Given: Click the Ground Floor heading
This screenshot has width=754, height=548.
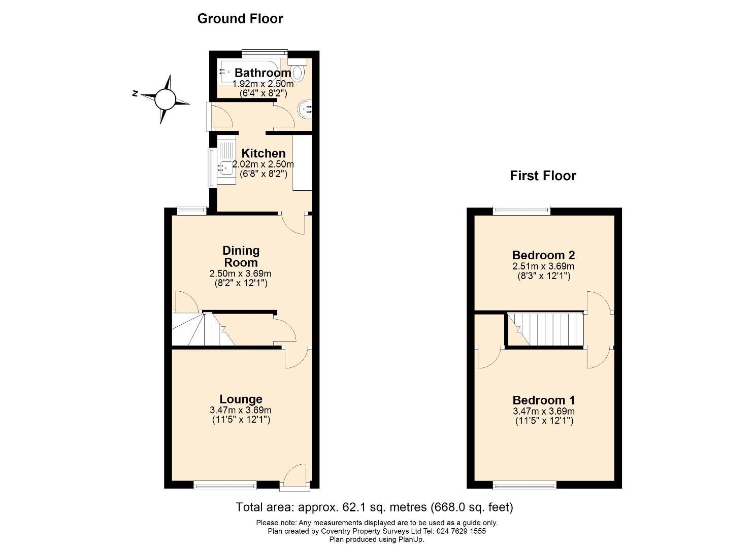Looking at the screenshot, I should pyautogui.click(x=240, y=19).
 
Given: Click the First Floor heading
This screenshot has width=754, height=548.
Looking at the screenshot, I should pyautogui.click(x=543, y=176).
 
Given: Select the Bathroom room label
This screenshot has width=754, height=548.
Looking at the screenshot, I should pyautogui.click(x=263, y=73).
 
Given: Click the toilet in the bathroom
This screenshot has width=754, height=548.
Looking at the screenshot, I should pyautogui.click(x=298, y=72).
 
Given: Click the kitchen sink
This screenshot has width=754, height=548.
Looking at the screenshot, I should pyautogui.click(x=226, y=165).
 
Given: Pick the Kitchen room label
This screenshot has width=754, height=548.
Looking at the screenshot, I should pyautogui.click(x=263, y=153).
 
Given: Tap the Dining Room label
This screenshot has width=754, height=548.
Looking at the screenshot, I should pyautogui.click(x=241, y=256).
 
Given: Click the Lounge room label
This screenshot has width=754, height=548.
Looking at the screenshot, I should pyautogui.click(x=241, y=399).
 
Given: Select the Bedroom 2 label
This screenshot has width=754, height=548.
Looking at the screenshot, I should pyautogui.click(x=543, y=255).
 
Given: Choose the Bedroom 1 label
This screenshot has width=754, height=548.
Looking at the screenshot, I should pyautogui.click(x=543, y=400).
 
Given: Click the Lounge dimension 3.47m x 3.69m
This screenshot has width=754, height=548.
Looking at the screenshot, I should pyautogui.click(x=241, y=410).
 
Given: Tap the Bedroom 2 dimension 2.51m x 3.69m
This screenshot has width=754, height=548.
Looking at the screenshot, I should pyautogui.click(x=543, y=266).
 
